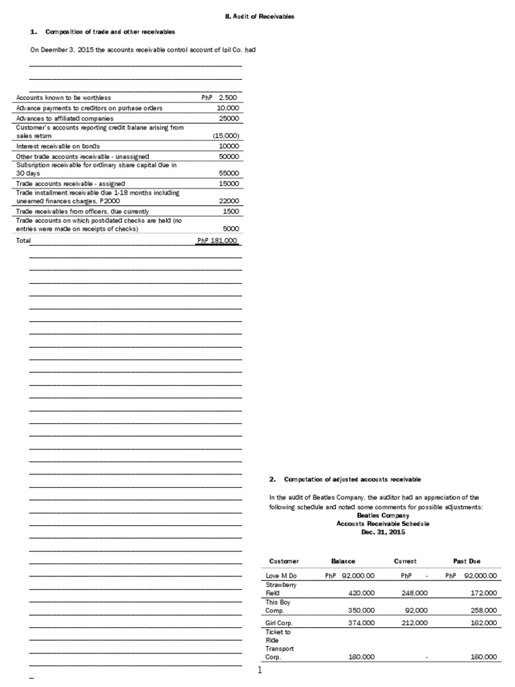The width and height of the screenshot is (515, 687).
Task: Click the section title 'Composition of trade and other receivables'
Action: click(110, 32)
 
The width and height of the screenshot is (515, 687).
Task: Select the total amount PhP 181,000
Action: click(217, 240)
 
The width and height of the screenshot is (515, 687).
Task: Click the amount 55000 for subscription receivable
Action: click(229, 173)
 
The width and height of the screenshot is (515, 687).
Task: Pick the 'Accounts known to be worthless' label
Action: click(64, 98)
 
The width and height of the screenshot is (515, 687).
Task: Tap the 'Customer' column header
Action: click(284, 561)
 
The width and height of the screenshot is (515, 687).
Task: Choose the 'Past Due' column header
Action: click(467, 561)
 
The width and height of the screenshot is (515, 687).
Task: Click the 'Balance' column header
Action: click(343, 561)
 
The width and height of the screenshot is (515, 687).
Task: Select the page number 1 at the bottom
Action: click(258, 670)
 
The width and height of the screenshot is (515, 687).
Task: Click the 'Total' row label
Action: click(23, 240)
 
